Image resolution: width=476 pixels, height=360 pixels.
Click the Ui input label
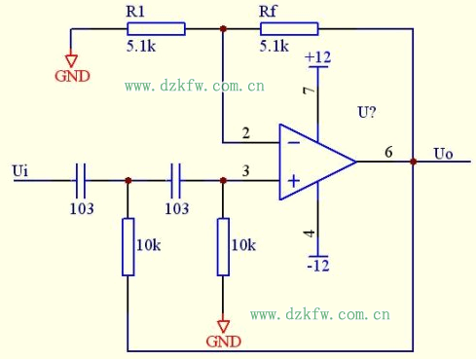20,171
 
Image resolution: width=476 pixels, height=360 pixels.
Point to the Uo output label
443,154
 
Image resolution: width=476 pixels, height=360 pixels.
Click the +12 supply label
318,58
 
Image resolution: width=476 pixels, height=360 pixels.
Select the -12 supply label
318,266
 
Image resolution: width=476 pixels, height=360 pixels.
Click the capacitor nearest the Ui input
82,180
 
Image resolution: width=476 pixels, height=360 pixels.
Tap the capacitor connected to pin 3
176,180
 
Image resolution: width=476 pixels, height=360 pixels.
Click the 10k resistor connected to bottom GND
223,247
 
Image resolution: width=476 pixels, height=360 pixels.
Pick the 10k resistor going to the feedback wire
128,247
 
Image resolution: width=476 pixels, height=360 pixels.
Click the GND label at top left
71,75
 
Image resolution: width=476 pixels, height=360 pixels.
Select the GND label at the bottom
223,341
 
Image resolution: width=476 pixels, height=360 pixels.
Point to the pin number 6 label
388,152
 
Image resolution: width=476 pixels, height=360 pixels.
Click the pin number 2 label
245,132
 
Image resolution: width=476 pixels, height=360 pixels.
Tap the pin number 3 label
245,171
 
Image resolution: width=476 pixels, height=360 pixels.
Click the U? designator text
367,113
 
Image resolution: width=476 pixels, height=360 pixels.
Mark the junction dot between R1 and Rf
223,29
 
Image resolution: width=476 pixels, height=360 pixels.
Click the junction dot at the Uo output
414,162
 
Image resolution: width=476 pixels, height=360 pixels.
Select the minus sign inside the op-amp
292,142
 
